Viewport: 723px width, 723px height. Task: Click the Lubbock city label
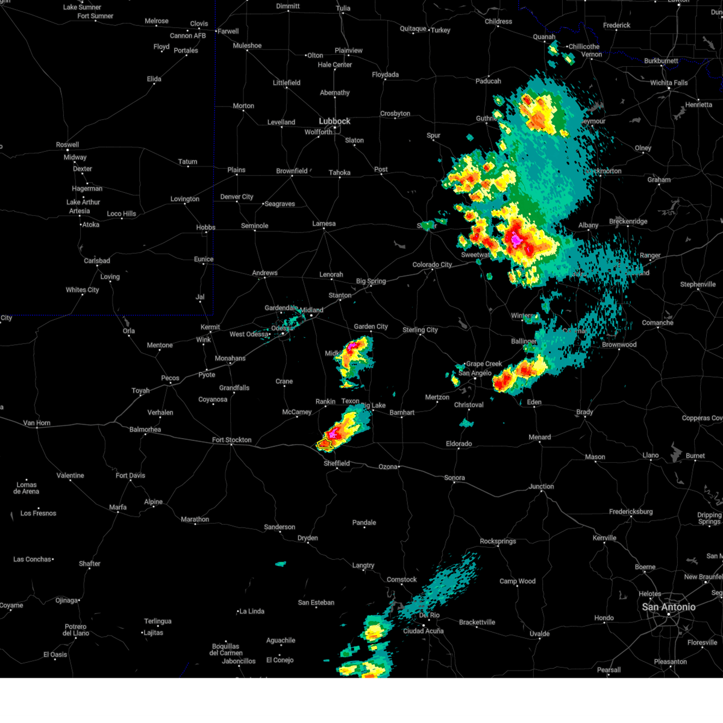pyautogui.click(x=334, y=121)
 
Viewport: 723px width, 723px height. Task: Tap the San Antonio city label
pyautogui.click(x=668, y=607)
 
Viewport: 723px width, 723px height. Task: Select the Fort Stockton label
pyautogui.click(x=232, y=440)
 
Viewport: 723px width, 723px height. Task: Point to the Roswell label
pyautogui.click(x=67, y=145)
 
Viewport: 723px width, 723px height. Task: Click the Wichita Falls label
pyautogui.click(x=669, y=83)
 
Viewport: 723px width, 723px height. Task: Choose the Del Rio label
pyautogui.click(x=429, y=615)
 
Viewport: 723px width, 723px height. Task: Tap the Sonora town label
pyautogui.click(x=454, y=478)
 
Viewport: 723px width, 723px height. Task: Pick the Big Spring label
pyautogui.click(x=371, y=281)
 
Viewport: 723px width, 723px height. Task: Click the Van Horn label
pyautogui.click(x=37, y=423)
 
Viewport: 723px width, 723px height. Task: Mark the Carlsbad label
pyautogui.click(x=97, y=261)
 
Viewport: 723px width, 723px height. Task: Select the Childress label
pyautogui.click(x=498, y=22)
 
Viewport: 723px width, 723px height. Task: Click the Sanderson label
pyautogui.click(x=280, y=527)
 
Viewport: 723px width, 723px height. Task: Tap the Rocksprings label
pyautogui.click(x=498, y=541)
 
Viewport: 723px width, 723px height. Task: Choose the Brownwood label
pyautogui.click(x=619, y=345)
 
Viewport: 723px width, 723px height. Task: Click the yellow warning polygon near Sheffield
pyautogui.click(x=325, y=445)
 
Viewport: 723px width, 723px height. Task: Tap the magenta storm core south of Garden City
pyautogui.click(x=354, y=346)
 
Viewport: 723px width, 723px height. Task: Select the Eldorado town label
pyautogui.click(x=459, y=444)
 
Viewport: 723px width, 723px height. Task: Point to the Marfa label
pyautogui.click(x=118, y=507)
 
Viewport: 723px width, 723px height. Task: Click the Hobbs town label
pyautogui.click(x=205, y=227)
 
